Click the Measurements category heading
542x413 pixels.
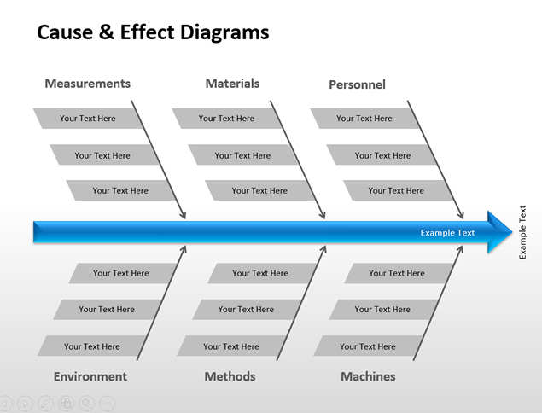[87, 84]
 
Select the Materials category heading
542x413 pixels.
[232, 84]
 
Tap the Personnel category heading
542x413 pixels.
[357, 84]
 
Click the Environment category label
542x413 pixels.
[90, 376]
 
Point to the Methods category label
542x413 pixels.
[230, 376]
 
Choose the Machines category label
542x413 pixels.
[368, 376]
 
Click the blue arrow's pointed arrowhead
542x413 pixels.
[501, 232]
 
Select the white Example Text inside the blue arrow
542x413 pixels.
[447, 233]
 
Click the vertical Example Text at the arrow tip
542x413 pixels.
[523, 232]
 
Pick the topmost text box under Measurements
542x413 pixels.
[87, 119]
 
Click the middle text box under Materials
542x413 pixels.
[242, 155]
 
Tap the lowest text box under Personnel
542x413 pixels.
[396, 190]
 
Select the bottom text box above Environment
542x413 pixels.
[91, 346]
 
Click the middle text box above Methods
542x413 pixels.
[245, 310]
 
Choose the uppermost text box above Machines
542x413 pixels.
[396, 273]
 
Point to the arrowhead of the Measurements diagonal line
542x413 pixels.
[183, 215]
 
